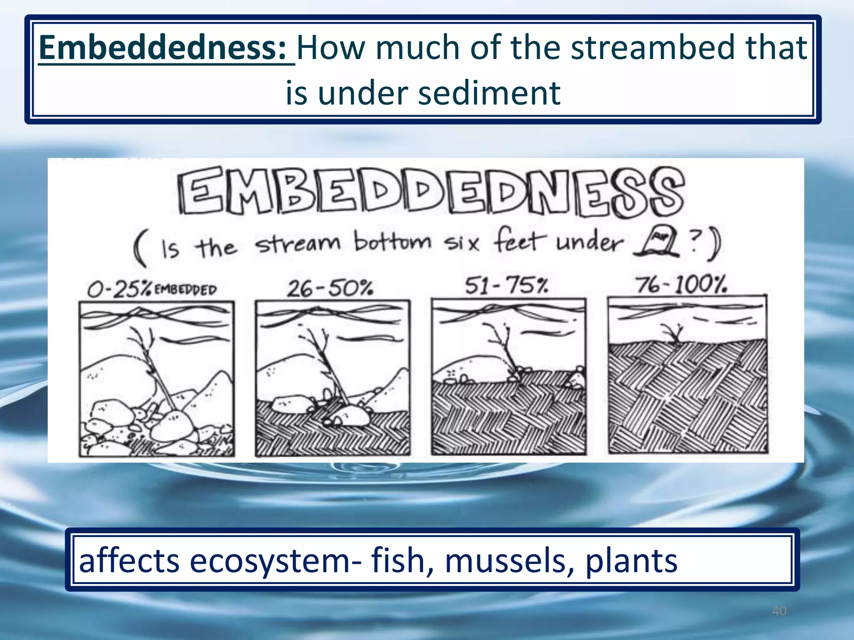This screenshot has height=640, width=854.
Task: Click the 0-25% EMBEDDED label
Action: (152, 289)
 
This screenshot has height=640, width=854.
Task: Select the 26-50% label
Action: (330, 287)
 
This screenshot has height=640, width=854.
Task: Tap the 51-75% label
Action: (506, 285)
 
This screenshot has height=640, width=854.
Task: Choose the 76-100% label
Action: (681, 285)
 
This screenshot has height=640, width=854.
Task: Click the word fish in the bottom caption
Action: (402, 560)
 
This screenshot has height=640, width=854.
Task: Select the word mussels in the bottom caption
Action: (510, 560)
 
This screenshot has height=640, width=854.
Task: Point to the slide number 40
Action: (779, 611)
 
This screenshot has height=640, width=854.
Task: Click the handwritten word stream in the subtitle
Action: (298, 243)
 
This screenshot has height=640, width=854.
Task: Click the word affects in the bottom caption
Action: (129, 560)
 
